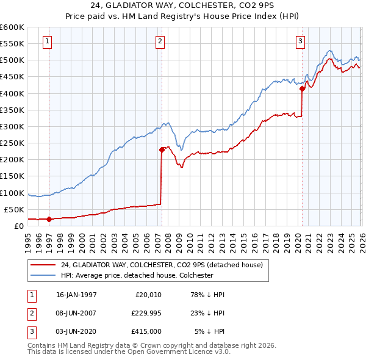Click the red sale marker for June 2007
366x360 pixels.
point(162,149)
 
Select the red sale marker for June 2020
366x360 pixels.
point(302,88)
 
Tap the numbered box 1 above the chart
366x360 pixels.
point(48,41)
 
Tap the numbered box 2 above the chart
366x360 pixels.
point(160,41)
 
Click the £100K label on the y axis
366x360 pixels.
point(12,193)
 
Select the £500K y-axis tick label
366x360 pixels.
point(12,60)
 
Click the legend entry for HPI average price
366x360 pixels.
point(136,275)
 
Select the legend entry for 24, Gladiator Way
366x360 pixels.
point(161,265)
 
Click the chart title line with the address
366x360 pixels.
point(183,7)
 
